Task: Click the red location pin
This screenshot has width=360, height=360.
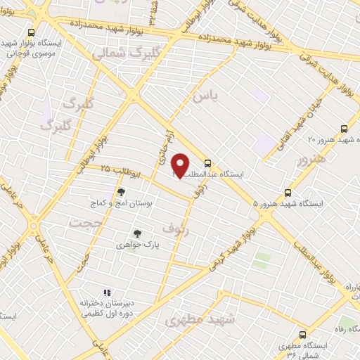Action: [x=180, y=165]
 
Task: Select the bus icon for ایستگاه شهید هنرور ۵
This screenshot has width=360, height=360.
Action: [x=288, y=192]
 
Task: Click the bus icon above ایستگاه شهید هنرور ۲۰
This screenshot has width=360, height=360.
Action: [x=344, y=129]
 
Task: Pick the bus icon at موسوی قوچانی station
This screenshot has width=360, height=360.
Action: [x=31, y=32]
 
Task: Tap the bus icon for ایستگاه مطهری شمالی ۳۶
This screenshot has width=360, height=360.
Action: [x=303, y=335]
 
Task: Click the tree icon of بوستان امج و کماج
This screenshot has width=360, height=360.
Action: [x=121, y=191]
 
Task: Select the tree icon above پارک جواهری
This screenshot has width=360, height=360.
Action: [x=138, y=234]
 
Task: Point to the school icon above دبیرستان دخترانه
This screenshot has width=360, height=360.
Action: [x=107, y=292]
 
